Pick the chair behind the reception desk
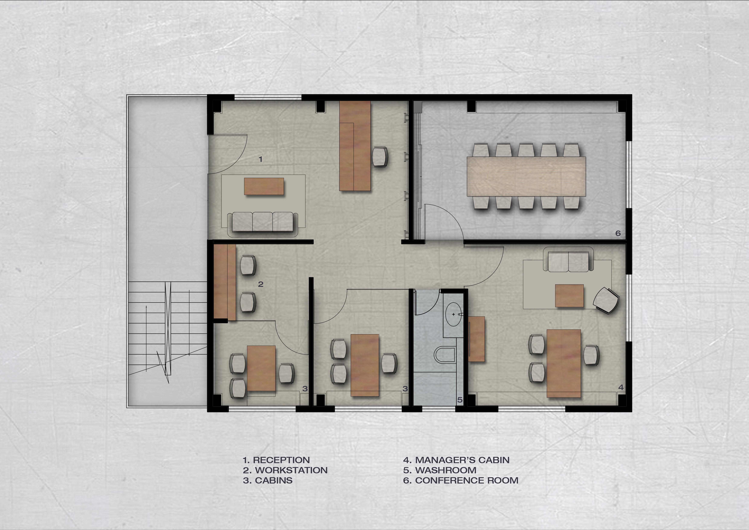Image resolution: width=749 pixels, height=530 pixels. tap(380, 157)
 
